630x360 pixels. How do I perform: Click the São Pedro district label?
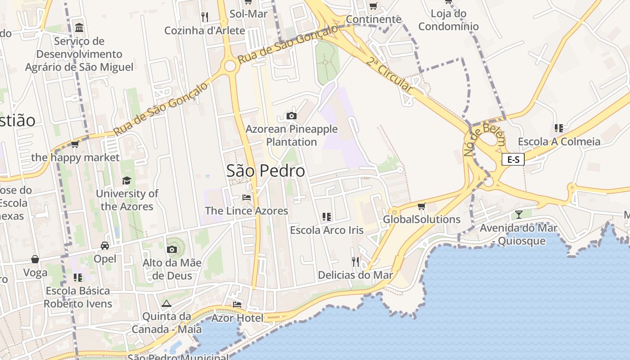[265, 171]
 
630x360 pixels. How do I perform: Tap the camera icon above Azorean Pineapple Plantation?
[292, 116]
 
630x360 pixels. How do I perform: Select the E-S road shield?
[513, 159]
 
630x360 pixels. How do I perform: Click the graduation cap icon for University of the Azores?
[126, 180]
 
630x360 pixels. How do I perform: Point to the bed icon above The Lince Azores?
[246, 197]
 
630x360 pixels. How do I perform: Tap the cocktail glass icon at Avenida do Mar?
[519, 214]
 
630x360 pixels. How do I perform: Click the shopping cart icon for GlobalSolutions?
[421, 206]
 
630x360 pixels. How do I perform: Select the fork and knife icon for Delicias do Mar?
[355, 261]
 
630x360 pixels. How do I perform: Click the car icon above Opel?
[104, 245]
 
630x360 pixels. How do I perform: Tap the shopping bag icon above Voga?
[35, 259]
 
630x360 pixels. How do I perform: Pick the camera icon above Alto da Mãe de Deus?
[171, 249]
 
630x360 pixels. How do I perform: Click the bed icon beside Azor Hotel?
[237, 305]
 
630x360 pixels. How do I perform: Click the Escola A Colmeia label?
[559, 142]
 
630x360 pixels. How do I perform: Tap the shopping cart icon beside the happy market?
[75, 144]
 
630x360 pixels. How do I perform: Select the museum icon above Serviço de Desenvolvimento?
[80, 28]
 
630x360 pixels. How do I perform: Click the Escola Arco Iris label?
[327, 230]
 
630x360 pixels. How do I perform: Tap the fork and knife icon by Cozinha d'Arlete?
[205, 17]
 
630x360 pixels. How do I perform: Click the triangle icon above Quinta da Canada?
[166, 303]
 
